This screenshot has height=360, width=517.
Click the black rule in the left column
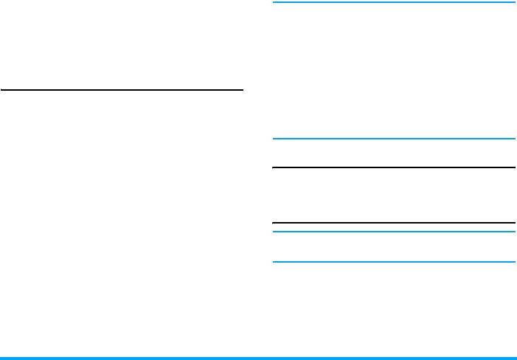pos(122,91)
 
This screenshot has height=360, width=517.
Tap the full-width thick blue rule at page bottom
pos(258,358)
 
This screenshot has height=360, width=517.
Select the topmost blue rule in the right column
pos(394,2)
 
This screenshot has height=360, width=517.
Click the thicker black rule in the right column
pos(394,223)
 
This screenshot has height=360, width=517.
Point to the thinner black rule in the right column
pos(394,167)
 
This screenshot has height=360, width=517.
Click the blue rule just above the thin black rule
pos(394,139)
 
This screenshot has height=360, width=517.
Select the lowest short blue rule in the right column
pos(394,262)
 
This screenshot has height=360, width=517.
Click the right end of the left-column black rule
pos(242,91)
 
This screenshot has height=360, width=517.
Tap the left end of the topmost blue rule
pos(274,2)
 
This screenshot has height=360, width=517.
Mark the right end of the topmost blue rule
pos(513,2)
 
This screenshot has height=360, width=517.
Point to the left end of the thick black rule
pos(274,223)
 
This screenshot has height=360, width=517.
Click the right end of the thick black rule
pos(513,223)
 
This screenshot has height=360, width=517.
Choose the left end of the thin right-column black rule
pos(274,167)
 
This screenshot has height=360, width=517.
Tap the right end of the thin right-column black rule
pos(513,167)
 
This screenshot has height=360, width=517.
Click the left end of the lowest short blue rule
pos(274,262)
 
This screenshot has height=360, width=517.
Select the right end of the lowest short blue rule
pos(513,262)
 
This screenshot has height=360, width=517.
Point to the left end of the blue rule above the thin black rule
pos(274,139)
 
